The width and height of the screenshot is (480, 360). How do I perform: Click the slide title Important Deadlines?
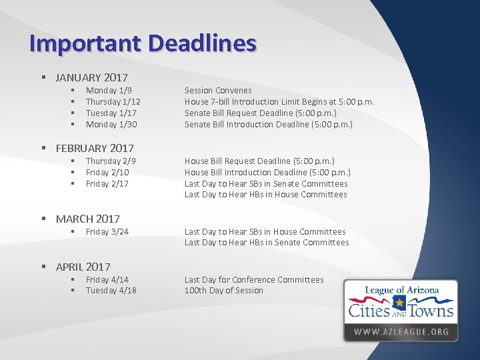click(143, 43)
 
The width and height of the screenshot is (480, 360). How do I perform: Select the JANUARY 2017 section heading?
click(91, 78)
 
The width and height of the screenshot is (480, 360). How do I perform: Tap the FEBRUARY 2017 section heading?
click(95, 148)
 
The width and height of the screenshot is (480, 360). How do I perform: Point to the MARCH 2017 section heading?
click(87, 219)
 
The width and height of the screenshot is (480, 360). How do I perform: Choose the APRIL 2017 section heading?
click(83, 267)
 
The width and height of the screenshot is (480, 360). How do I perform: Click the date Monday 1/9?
click(109, 90)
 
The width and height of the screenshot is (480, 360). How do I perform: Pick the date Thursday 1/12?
click(113, 101)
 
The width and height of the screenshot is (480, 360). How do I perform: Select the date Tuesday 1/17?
click(111, 113)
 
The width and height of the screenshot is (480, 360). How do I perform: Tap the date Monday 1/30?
click(111, 124)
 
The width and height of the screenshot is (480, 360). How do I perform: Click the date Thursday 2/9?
click(111, 161)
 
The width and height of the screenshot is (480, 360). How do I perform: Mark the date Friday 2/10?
click(107, 172)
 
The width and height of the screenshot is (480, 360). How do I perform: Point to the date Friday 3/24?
click(107, 231)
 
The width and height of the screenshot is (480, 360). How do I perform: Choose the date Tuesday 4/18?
click(111, 290)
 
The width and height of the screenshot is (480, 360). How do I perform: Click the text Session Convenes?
click(218, 90)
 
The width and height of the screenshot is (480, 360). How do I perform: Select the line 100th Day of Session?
click(223, 290)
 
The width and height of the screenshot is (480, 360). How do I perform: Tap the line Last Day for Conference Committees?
click(253, 279)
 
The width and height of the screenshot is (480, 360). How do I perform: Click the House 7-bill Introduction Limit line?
click(279, 101)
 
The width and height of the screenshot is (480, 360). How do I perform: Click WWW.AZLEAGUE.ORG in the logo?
click(401, 331)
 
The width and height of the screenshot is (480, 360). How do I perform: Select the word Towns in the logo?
click(431, 311)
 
